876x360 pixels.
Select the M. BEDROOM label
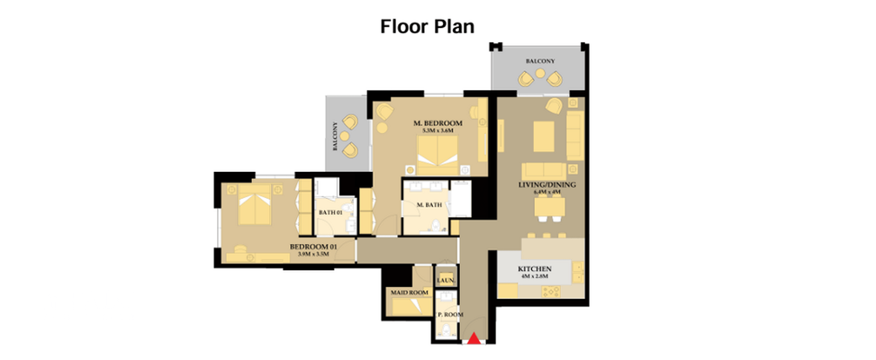pyautogui.click(x=438, y=122)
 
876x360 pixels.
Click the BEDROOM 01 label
pyautogui.click(x=312, y=246)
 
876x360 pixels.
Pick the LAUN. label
pyautogui.click(x=446, y=281)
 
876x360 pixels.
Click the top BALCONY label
pyautogui.click(x=539, y=61)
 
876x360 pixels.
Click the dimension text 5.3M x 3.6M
pyautogui.click(x=438, y=131)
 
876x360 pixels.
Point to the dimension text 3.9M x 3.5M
pyautogui.click(x=313, y=255)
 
